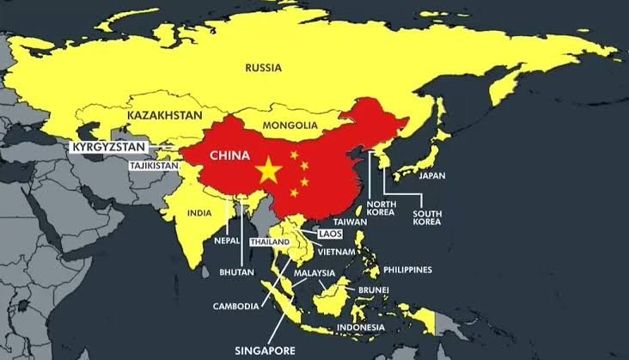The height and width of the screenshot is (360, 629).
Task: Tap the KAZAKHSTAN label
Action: point(166,114)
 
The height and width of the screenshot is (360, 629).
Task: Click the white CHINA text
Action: point(223,156)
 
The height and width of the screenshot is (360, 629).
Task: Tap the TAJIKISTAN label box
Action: point(156,165)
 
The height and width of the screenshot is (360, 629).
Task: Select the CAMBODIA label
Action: point(235,305)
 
